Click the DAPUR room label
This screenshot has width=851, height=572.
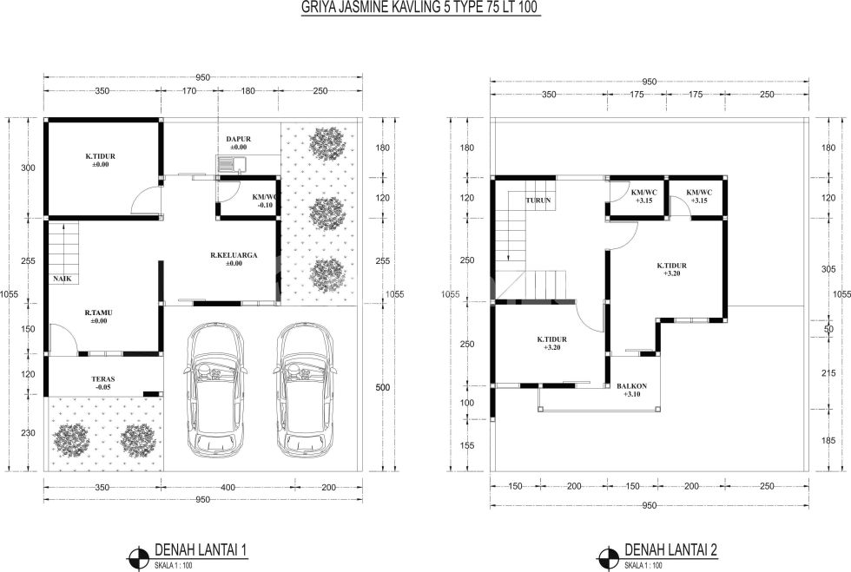(x=238, y=139)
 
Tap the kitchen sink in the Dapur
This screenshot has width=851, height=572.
(x=232, y=164)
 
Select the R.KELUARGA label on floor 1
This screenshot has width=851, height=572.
(x=234, y=255)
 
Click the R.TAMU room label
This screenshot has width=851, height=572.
(x=98, y=313)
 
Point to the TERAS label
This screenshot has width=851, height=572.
(x=102, y=379)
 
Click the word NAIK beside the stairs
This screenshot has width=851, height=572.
(x=62, y=279)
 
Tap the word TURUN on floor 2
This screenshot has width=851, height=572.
(x=538, y=201)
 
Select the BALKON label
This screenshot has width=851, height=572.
(x=632, y=386)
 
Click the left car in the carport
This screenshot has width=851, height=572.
(x=215, y=391)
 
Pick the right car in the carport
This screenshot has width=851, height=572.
(x=305, y=391)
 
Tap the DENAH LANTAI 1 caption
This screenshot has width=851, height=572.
(x=201, y=549)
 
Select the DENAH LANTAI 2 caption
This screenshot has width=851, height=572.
(x=670, y=549)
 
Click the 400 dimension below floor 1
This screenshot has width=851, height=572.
(x=228, y=487)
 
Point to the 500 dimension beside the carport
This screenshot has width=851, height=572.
(x=383, y=387)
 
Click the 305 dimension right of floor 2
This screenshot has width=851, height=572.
(x=828, y=269)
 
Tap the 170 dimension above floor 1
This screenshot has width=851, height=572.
(x=189, y=91)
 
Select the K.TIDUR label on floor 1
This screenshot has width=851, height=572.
(x=100, y=156)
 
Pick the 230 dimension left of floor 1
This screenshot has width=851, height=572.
(x=28, y=433)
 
